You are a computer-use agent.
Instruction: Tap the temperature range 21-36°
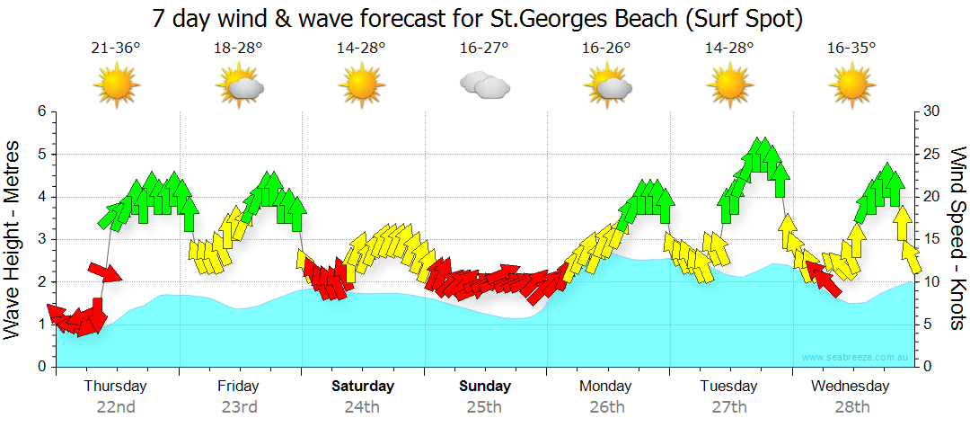pyautogui.click(x=116, y=49)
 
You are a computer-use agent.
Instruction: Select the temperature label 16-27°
pyautogui.click(x=484, y=49)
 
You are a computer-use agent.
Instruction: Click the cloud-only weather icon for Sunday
pyautogui.click(x=484, y=85)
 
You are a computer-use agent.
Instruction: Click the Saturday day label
pyautogui.click(x=362, y=387)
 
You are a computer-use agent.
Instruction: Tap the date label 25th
pyautogui.click(x=484, y=406)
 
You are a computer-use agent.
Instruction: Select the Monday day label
pyautogui.click(x=606, y=387)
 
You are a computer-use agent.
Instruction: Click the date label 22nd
pyautogui.click(x=116, y=406)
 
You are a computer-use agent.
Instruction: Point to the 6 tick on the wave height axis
pyautogui.click(x=40, y=111)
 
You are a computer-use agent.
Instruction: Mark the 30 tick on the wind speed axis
pyautogui.click(x=933, y=111)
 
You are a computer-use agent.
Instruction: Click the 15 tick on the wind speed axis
pyautogui.click(x=932, y=239)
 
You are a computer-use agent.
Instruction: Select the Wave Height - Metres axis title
pyautogui.click(x=13, y=239)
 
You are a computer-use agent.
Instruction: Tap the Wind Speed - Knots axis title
pyautogui.click(x=957, y=239)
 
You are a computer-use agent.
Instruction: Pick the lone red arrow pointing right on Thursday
pyautogui.click(x=104, y=271)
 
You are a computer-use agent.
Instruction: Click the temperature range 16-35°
pyautogui.click(x=851, y=49)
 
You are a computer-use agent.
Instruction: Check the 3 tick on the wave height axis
pyautogui.click(x=40, y=239)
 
